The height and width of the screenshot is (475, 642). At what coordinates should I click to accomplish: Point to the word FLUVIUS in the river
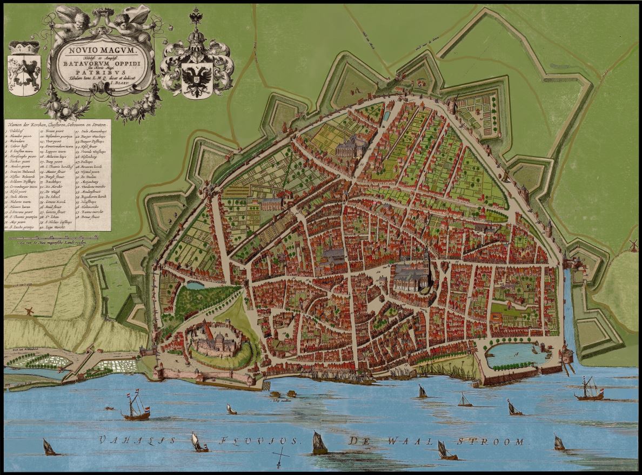pos(254,440)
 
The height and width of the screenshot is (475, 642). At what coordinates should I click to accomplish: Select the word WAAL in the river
pos(395,441)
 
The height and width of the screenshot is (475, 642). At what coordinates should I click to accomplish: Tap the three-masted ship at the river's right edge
pos(590,390)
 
